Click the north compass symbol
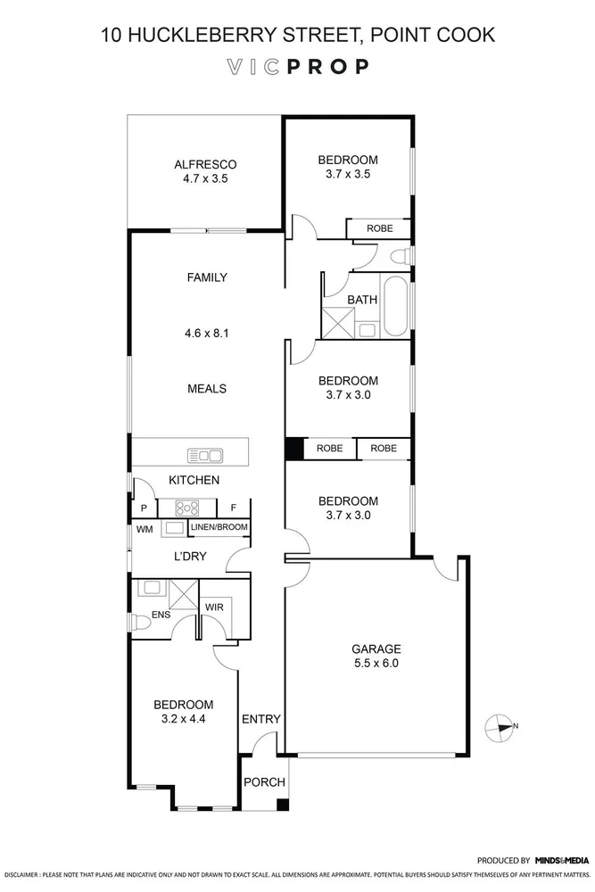503,726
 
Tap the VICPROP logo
297,67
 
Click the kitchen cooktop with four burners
187,508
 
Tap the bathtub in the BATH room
396,309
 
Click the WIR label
214,607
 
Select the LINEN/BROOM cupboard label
219,528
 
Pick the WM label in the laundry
145,529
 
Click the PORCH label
265,782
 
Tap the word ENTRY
261,719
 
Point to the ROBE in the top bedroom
377,228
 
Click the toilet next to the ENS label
137,622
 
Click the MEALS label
206,388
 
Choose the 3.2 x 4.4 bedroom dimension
182,718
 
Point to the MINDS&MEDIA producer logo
562,860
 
